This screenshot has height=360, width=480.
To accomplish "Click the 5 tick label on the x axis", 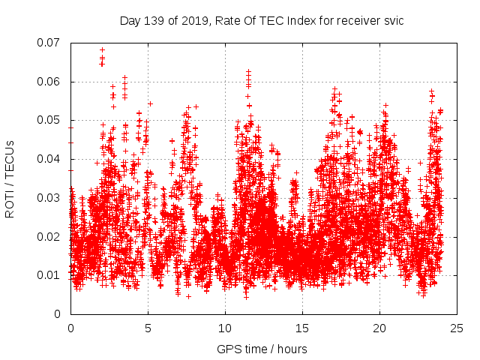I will [x=148, y=328].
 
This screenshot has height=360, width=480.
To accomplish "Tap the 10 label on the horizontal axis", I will [x=225, y=328].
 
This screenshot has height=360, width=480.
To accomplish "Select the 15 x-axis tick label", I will [x=302, y=328].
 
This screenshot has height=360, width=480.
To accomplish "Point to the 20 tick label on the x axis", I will [x=379, y=328].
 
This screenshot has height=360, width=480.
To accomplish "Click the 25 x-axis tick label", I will [x=457, y=328].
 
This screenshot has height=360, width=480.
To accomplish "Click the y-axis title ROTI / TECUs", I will [x=10, y=178].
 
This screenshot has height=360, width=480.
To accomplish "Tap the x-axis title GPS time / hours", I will [x=262, y=349].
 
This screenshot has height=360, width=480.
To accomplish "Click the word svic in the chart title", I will [x=392, y=20].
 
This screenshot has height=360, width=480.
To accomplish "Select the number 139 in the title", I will [x=154, y=20].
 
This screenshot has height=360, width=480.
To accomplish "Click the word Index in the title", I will [x=292, y=20].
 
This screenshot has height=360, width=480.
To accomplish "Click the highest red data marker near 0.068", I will [x=102, y=50].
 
